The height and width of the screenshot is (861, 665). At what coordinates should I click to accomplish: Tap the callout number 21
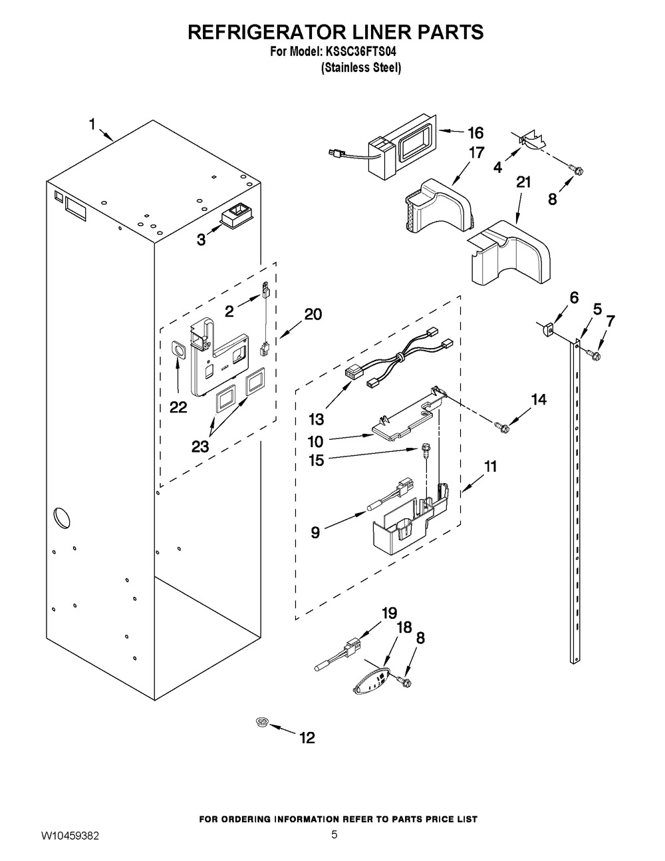[x=524, y=182]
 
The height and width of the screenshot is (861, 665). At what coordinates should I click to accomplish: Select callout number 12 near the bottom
[x=307, y=737]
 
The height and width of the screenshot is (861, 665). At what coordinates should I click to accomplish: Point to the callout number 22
[x=178, y=407]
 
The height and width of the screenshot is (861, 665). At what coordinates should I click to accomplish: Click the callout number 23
[x=200, y=446]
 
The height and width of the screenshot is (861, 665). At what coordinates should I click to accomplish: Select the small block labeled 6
[x=549, y=328]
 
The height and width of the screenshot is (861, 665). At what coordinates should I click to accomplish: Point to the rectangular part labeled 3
[x=235, y=214]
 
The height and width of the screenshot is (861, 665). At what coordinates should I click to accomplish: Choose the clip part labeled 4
[x=531, y=139]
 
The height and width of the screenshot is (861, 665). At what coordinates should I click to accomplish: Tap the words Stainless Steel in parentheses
[x=361, y=68]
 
